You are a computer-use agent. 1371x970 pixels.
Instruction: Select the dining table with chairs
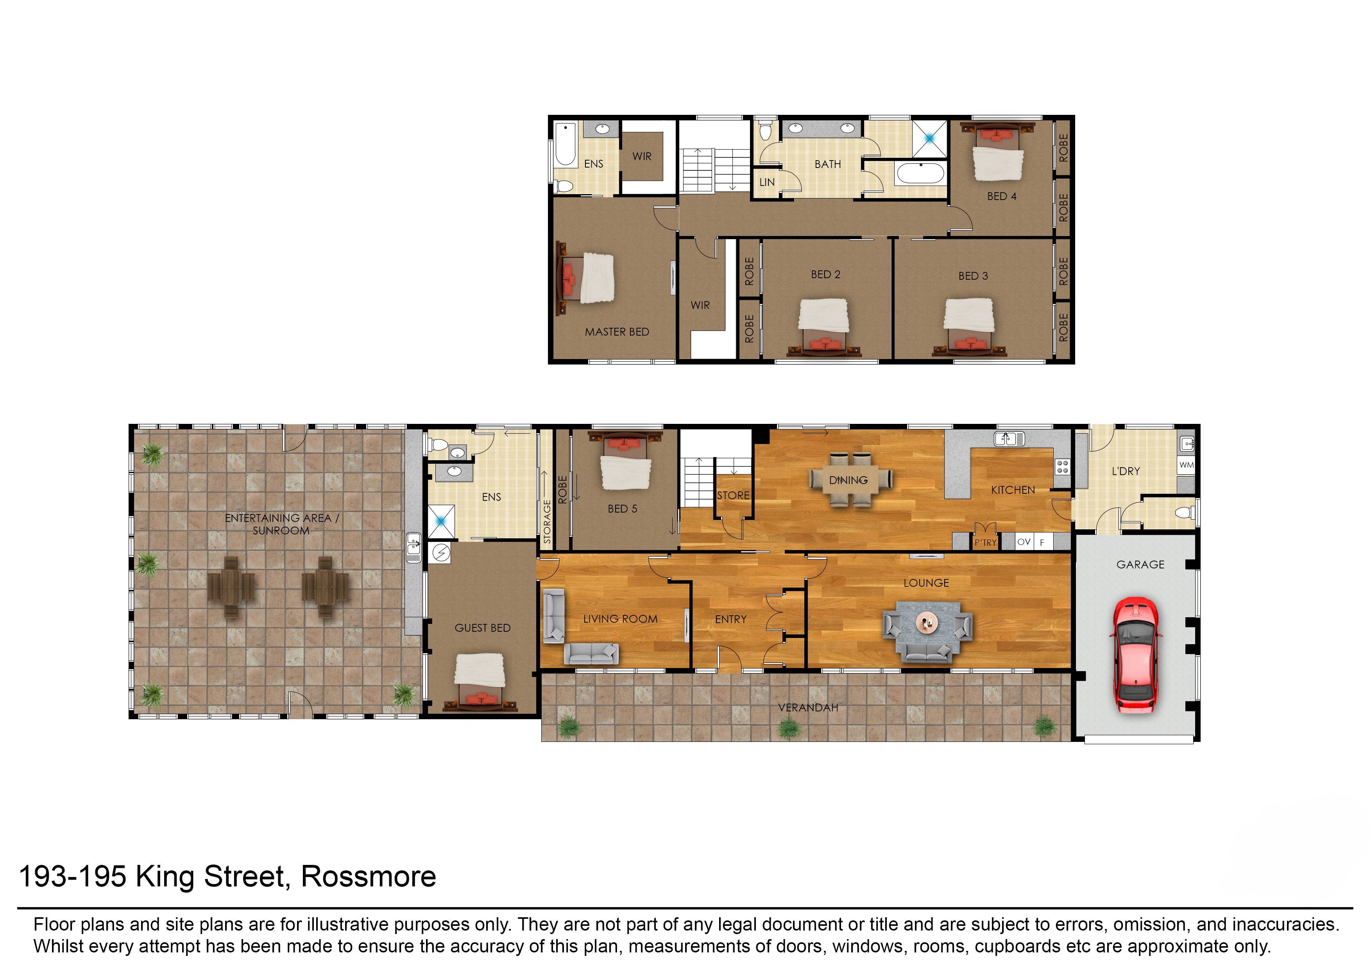pos(848,480)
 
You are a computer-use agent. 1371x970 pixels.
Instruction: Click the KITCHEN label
pos(1013,490)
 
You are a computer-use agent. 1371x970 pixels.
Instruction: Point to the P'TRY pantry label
pos(985,542)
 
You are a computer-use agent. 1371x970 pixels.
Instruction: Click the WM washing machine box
pos(1187,465)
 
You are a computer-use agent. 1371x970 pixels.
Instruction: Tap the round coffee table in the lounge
pos(927,623)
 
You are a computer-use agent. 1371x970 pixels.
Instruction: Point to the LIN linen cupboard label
pos(767,182)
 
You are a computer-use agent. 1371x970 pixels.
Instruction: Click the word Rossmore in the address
pos(368,877)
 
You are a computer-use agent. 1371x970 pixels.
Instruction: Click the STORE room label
pos(733,495)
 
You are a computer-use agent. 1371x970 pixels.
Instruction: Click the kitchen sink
pos(1009,439)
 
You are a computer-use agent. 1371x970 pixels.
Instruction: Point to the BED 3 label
pos(973,276)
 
